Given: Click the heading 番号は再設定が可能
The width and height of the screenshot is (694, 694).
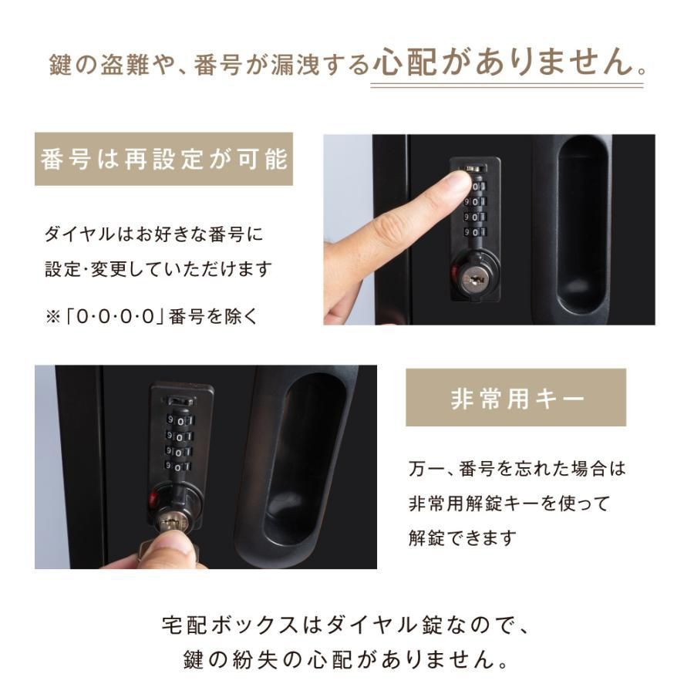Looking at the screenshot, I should [163, 160].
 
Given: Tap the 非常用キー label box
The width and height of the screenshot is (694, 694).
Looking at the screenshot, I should [515, 398].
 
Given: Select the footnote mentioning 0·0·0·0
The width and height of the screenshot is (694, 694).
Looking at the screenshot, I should [152, 315].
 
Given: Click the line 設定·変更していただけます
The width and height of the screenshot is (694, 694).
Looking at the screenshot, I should [158, 269].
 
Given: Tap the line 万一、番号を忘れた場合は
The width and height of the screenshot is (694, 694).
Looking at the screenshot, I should [517, 468].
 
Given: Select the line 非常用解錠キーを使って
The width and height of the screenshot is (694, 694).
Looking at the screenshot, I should [509, 503].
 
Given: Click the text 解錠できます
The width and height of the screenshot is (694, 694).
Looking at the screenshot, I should [461, 537].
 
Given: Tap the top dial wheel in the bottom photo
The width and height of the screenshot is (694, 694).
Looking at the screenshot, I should [178, 421].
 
